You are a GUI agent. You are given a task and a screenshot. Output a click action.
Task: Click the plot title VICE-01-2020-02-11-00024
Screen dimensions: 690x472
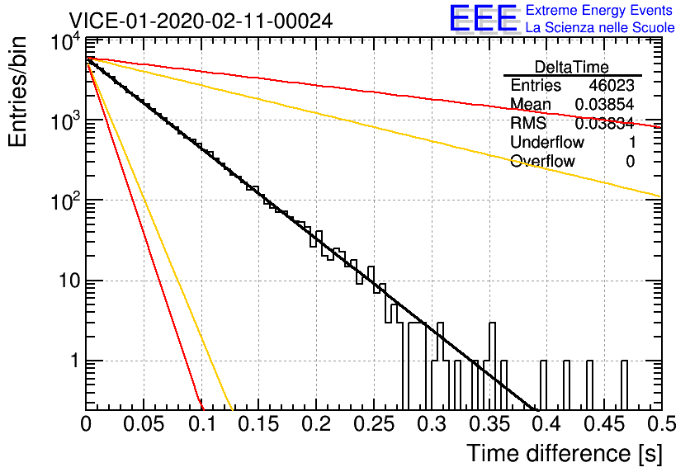(x=201, y=21)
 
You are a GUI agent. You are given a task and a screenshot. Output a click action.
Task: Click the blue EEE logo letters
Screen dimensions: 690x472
(x=484, y=19)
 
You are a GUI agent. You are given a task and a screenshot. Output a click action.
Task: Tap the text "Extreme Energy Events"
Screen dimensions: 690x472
(x=599, y=10)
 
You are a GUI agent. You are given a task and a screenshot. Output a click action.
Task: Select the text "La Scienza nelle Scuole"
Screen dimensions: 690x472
(x=600, y=28)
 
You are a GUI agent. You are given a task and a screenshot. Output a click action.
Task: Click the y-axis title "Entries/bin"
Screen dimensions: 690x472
(x=17, y=92)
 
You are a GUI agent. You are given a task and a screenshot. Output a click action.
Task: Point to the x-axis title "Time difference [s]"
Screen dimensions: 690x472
(x=565, y=453)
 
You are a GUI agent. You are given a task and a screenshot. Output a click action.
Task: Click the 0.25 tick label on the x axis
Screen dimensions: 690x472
(x=373, y=424)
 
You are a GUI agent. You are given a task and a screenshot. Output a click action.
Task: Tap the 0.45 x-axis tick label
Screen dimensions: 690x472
(x=604, y=424)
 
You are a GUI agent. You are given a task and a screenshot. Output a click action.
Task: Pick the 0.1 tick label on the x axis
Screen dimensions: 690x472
(x=202, y=424)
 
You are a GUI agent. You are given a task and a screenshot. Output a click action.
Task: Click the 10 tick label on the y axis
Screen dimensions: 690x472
(x=69, y=281)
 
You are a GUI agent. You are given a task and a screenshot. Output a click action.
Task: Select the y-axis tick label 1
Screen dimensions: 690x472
(x=75, y=361)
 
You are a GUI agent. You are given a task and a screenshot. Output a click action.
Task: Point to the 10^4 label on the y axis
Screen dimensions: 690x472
(x=66, y=43)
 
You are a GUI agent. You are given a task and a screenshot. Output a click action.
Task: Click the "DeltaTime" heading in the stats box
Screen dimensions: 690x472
(x=572, y=68)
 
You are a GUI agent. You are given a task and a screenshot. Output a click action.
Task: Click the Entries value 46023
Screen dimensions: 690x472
(x=612, y=85)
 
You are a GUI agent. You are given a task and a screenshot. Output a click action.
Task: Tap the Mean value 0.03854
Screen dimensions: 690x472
(x=605, y=104)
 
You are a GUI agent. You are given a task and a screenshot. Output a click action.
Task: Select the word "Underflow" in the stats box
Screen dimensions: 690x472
(x=547, y=142)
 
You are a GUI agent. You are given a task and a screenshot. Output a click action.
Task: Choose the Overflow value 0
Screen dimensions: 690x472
(x=630, y=162)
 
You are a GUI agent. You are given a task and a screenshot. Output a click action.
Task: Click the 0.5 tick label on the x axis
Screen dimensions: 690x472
(x=661, y=424)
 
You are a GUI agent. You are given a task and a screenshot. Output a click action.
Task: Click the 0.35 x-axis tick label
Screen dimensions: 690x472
(x=489, y=424)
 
